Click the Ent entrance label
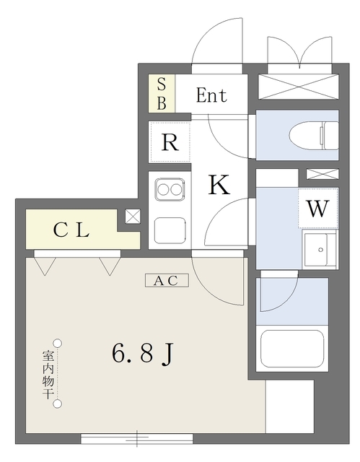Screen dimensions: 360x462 211,95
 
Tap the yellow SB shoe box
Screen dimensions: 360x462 162,93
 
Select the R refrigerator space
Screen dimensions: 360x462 170,142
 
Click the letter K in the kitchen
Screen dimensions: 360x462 219,185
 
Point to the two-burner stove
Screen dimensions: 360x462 170,189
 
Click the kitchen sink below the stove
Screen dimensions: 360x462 170,231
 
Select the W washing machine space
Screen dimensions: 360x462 317,208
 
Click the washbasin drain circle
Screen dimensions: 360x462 320,250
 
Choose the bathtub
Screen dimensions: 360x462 292,349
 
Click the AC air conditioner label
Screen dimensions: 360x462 167,281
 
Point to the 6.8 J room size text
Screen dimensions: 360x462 142,353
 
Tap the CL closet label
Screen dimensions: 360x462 71,230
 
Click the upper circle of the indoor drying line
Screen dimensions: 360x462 58,344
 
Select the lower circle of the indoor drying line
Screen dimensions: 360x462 58,404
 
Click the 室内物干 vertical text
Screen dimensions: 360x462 48,374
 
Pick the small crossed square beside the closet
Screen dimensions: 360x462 133,217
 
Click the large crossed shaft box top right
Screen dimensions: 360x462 299,87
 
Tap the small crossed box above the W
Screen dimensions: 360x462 322,174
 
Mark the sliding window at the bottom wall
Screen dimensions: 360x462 137,438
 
